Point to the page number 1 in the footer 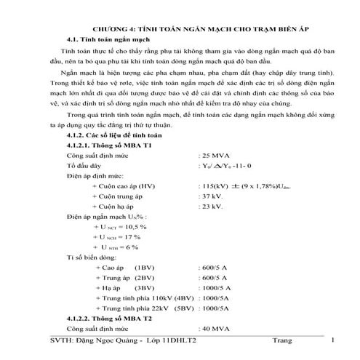[332, 340]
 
